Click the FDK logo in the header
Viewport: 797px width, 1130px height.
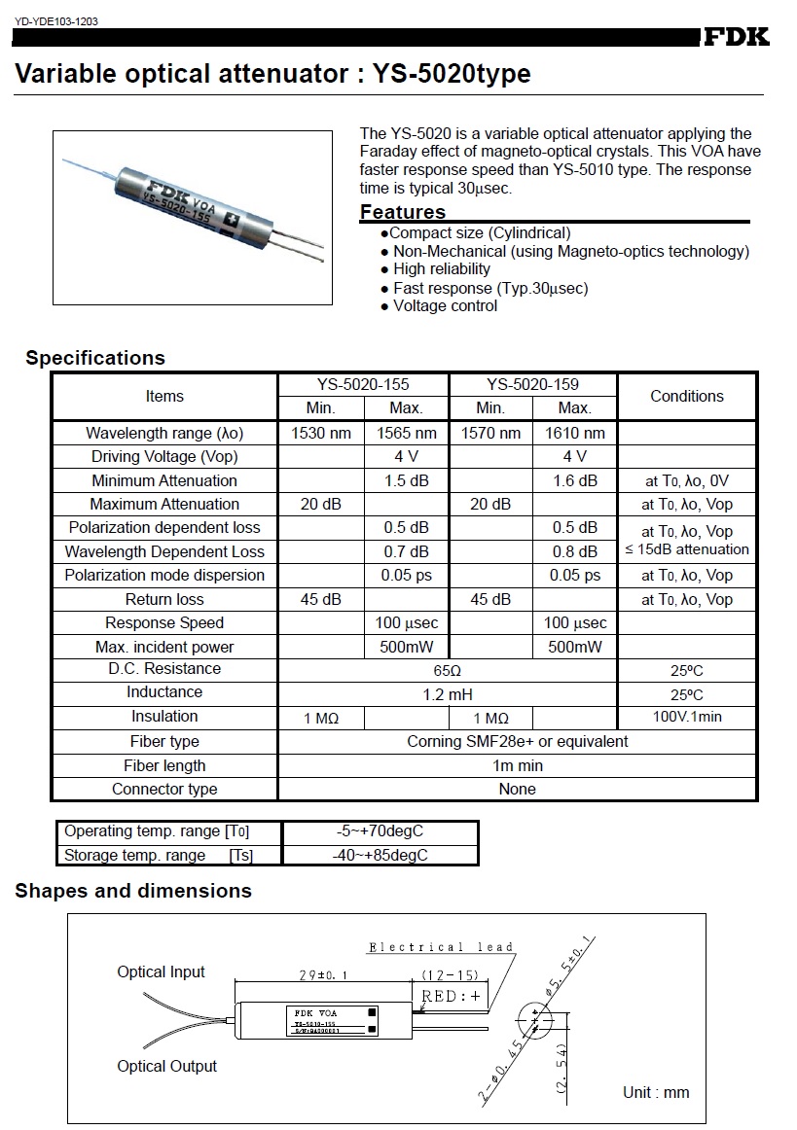pos(736,37)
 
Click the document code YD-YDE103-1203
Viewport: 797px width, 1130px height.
pos(54,20)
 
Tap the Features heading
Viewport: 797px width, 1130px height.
pos(403,212)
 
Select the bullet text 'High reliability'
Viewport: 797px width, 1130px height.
pos(442,269)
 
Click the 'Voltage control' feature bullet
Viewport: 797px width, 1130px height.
pos(445,306)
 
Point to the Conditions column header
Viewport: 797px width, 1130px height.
pos(687,396)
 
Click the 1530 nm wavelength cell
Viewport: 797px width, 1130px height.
pos(321,433)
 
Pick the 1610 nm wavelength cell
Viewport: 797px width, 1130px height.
pos(575,433)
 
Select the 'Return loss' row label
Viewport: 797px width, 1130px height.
pos(164,599)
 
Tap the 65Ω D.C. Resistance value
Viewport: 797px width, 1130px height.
pos(448,670)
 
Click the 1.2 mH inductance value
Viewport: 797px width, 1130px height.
pos(448,694)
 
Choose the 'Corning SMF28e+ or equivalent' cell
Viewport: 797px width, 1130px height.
pos(517,742)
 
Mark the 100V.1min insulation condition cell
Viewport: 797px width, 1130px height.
pos(687,718)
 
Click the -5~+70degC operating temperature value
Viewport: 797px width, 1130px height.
pos(380,832)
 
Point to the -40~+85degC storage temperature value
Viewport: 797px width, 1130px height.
pos(380,856)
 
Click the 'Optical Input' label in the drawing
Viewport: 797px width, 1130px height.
pos(162,971)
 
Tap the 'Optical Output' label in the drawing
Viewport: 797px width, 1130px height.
pos(167,1066)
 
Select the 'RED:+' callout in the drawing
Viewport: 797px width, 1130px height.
pos(452,996)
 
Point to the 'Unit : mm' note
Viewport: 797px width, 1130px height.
pos(656,1092)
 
